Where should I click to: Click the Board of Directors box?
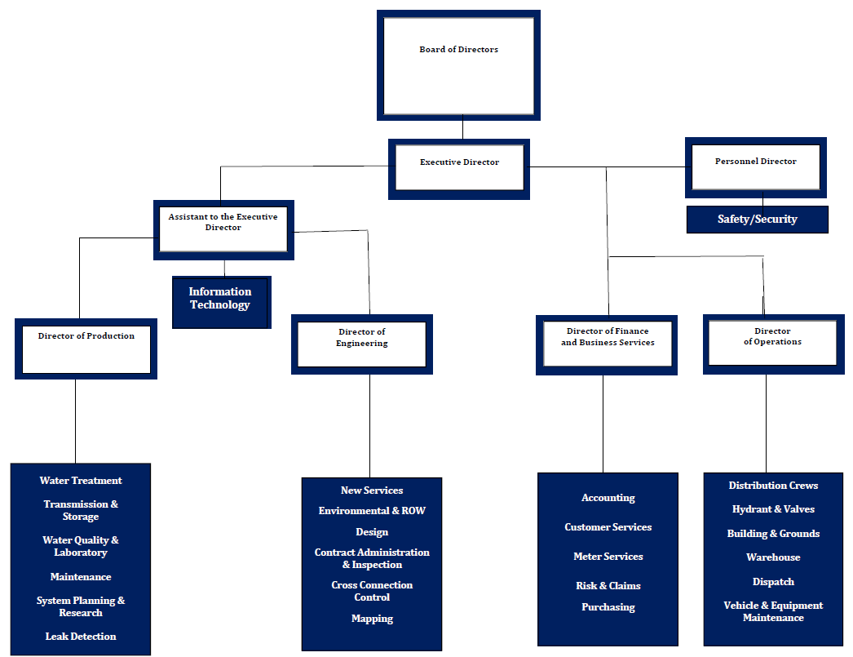click(458, 65)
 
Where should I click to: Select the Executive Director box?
click(459, 169)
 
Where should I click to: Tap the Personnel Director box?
click(755, 167)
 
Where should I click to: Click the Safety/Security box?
click(757, 220)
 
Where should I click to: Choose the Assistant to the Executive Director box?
click(223, 230)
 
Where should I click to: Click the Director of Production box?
click(86, 348)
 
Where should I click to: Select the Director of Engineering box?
click(361, 344)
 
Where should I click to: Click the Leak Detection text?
click(81, 637)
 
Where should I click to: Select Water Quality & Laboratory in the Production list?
click(81, 546)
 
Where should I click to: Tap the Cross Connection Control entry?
click(372, 591)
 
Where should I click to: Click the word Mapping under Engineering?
click(372, 619)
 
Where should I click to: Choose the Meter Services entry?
click(608, 557)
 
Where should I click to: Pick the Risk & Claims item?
click(608, 586)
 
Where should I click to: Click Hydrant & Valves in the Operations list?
click(773, 509)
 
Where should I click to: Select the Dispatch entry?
click(773, 582)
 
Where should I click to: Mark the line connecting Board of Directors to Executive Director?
click(462, 129)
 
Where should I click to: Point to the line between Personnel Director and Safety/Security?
click(763, 202)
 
